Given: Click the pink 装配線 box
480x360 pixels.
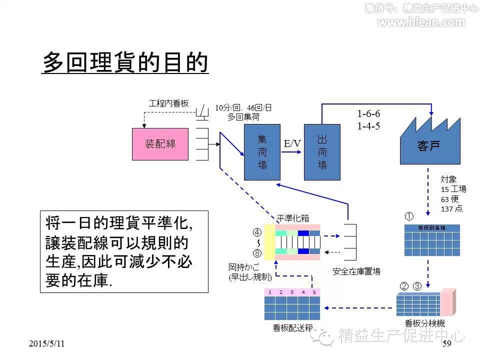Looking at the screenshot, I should click(x=160, y=144).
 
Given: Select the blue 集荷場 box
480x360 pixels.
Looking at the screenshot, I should click(x=262, y=152).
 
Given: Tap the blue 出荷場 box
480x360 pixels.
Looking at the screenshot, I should click(x=322, y=152).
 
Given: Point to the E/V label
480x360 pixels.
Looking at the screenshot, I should click(x=292, y=144).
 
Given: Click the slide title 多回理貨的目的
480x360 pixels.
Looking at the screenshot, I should click(x=124, y=62).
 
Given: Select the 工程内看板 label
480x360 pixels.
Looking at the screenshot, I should click(x=169, y=103).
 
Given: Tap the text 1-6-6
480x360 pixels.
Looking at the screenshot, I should click(x=368, y=114).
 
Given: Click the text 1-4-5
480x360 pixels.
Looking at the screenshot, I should click(x=368, y=126).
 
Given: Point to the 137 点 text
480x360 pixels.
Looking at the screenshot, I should click(x=451, y=208).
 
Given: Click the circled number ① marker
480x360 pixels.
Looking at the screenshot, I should click(x=409, y=216).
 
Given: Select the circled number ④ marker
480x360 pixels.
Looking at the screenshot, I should click(x=257, y=232).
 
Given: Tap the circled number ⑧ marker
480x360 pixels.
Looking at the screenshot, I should click(x=257, y=253).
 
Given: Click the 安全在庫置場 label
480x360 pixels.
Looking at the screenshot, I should click(x=356, y=271).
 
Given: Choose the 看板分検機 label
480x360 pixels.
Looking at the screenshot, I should click(x=424, y=323).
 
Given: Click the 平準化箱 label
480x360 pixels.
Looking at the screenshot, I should click(x=293, y=218).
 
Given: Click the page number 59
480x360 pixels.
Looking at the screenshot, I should click(x=447, y=343).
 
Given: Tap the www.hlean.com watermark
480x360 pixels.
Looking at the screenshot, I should click(x=421, y=22).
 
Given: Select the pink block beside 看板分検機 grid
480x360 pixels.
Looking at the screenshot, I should click(x=448, y=302).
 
